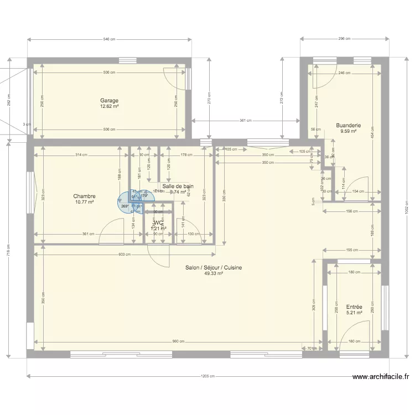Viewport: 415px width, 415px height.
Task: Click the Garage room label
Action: click(x=109, y=101)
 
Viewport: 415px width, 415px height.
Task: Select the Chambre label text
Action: click(x=85, y=196)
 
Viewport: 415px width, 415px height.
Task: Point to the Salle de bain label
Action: click(x=178, y=186)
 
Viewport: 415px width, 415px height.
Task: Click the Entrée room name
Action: click(x=354, y=307)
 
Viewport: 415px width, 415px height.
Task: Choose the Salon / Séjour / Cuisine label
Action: click(x=214, y=267)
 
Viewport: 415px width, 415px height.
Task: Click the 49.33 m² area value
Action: click(x=214, y=273)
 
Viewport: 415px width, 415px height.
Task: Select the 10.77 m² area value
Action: click(x=85, y=203)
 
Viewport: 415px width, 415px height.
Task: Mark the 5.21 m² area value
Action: click(x=354, y=313)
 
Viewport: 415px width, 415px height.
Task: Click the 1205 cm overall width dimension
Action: click(x=208, y=376)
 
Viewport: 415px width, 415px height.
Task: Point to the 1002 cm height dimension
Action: click(x=406, y=207)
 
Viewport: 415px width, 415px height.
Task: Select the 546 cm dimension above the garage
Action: click(x=109, y=39)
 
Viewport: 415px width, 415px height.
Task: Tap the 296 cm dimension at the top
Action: click(x=344, y=39)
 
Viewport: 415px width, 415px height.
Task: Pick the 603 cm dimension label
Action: click(x=125, y=255)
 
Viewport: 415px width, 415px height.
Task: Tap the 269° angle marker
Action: click(x=124, y=206)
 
